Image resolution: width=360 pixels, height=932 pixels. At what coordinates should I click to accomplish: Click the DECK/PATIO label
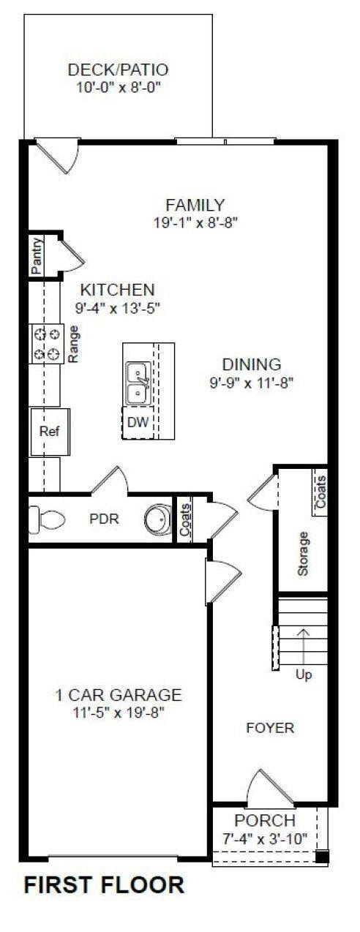coord(119,70)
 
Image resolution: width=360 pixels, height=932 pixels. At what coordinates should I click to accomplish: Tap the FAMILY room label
coord(195,205)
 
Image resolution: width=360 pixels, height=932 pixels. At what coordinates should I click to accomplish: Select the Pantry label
coord(38,255)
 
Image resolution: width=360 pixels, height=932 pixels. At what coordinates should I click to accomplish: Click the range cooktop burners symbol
coord(46,344)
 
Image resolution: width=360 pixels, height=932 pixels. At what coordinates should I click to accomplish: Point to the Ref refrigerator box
coord(48,431)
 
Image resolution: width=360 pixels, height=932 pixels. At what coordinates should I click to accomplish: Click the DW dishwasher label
coord(137,422)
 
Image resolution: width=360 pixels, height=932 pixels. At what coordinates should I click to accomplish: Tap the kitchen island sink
coord(138,383)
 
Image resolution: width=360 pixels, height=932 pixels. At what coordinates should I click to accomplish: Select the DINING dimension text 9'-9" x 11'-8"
coord(251,381)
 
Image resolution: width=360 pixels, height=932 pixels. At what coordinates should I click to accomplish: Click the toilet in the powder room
coord(46,519)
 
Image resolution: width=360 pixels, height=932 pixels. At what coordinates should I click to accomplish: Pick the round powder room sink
coord(157,520)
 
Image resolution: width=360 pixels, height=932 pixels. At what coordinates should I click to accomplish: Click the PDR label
coord(103,519)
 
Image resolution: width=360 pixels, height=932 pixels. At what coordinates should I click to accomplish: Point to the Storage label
coord(304,553)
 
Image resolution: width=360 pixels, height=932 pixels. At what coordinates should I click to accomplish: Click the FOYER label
coord(270,728)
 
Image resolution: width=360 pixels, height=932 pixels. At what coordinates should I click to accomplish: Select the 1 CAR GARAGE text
coord(119,694)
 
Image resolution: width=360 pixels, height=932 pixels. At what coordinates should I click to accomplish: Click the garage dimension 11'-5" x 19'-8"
coord(119,712)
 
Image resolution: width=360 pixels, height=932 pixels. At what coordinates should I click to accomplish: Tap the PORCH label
coord(265,821)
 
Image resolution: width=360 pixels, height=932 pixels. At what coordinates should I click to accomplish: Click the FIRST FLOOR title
coord(104,885)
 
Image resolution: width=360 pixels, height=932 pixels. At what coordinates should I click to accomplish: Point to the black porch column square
coord(322,857)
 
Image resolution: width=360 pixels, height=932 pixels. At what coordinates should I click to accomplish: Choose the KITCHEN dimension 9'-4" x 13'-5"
coord(117,308)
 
